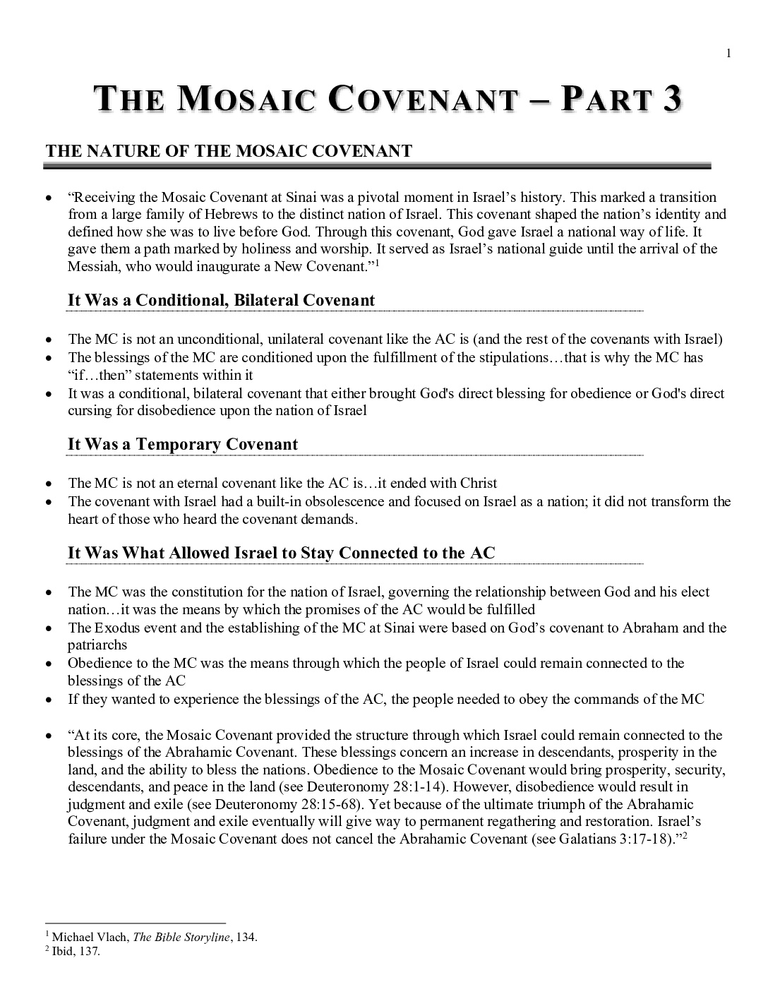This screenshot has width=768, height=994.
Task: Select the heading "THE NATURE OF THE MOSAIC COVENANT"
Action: click(229, 151)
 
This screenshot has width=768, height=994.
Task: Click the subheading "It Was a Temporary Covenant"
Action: click(182, 444)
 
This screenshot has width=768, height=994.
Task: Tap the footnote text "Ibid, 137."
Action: click(76, 951)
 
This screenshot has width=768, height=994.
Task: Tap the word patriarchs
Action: click(97, 645)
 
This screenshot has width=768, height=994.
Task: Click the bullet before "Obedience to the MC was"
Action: click(48, 664)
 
